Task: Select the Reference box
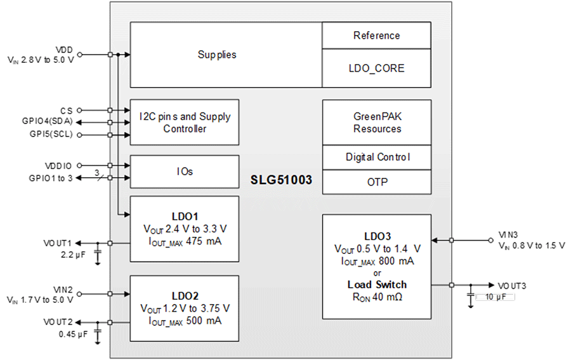tap(376, 36)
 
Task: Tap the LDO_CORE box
tap(376, 68)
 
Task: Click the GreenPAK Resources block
tap(376, 123)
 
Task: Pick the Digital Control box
tap(376, 157)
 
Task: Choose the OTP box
tap(376, 182)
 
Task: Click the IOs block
tap(185, 171)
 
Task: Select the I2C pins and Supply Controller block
tap(185, 123)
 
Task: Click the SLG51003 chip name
tap(281, 180)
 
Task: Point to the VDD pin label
tap(64, 50)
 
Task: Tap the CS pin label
tap(67, 110)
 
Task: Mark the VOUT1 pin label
tap(57, 243)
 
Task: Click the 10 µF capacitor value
tap(494, 297)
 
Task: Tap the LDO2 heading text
tap(185, 296)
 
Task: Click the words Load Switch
tap(377, 284)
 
